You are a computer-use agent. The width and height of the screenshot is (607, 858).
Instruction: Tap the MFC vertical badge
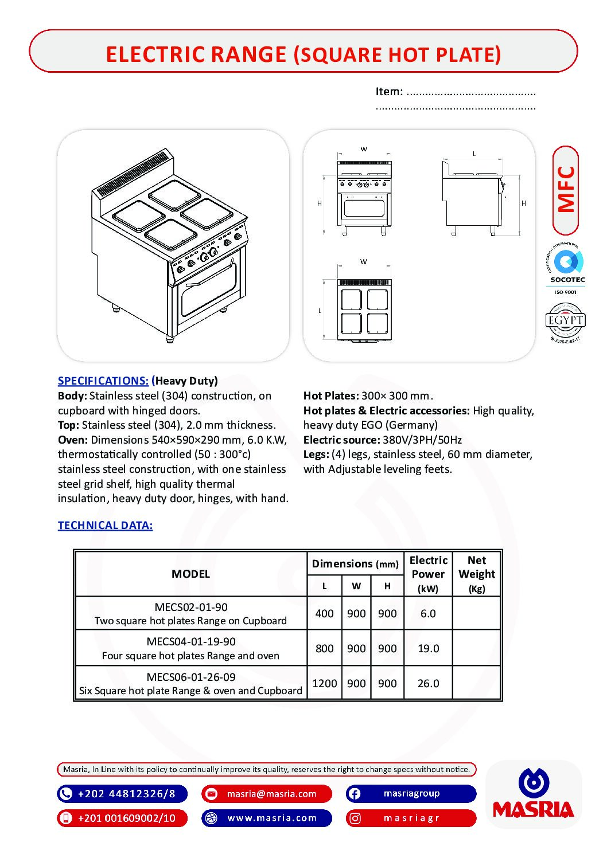tap(566, 190)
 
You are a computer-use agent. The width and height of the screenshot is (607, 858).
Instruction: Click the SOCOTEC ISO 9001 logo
tap(566, 269)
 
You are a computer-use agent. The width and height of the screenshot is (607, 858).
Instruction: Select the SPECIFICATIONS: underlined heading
tap(103, 381)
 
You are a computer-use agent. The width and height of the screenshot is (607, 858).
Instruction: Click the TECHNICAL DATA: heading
tap(105, 526)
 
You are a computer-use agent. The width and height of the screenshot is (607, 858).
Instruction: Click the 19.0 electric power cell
tap(428, 648)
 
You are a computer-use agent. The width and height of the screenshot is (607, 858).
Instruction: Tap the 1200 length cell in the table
tap(324, 683)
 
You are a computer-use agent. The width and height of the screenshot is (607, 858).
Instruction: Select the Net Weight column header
tap(476, 574)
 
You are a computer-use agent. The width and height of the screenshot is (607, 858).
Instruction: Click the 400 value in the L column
tap(324, 613)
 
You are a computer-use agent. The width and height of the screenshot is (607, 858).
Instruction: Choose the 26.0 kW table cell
tap(428, 683)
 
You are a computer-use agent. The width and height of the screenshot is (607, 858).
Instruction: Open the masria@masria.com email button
tap(267, 794)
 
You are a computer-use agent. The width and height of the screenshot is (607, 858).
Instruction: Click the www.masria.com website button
tap(267, 818)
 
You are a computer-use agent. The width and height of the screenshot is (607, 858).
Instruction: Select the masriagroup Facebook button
tap(411, 794)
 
